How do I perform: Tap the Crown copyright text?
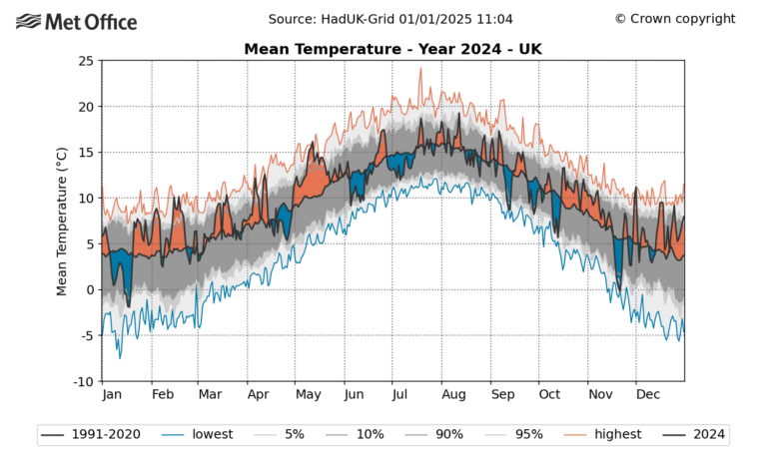674,19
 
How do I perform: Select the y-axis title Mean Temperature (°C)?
62,221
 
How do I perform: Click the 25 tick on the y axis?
86,61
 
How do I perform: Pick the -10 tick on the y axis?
83,382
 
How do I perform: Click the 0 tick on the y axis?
90,290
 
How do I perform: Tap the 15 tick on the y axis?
86,153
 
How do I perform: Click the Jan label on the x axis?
113,395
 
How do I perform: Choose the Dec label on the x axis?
649,395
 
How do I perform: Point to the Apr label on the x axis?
259,395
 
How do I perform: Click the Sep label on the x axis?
502,395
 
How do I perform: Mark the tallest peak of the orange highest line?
420,68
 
